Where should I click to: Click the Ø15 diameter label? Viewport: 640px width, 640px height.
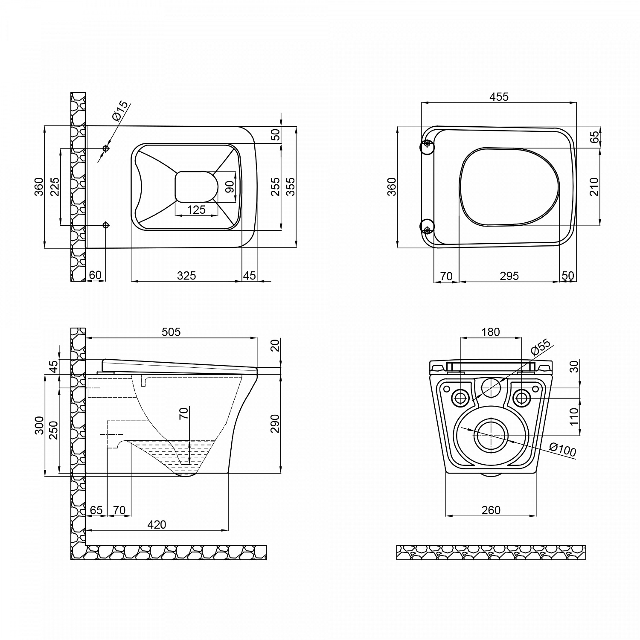tap(119, 111)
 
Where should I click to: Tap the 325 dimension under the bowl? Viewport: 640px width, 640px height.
tap(186, 276)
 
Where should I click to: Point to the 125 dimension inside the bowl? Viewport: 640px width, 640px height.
tap(196, 209)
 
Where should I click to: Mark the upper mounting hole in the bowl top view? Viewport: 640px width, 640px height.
tap(106, 148)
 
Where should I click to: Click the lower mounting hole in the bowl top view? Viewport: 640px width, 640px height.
tap(106, 225)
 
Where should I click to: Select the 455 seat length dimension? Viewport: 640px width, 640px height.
tap(499, 97)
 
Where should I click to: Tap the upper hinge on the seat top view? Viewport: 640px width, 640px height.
tap(427, 147)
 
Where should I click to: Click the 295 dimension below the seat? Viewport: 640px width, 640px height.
tap(509, 276)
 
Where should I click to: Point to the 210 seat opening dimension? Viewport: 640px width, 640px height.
tap(594, 186)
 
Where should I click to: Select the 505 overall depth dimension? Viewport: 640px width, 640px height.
tap(171, 332)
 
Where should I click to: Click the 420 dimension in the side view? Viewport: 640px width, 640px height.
tap(157, 524)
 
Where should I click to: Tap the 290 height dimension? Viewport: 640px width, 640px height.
tap(275, 423)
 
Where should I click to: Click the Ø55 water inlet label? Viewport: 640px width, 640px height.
tap(541, 348)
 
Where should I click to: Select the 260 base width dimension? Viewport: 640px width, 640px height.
tap(491, 509)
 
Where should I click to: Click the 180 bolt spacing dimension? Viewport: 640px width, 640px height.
tap(491, 332)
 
